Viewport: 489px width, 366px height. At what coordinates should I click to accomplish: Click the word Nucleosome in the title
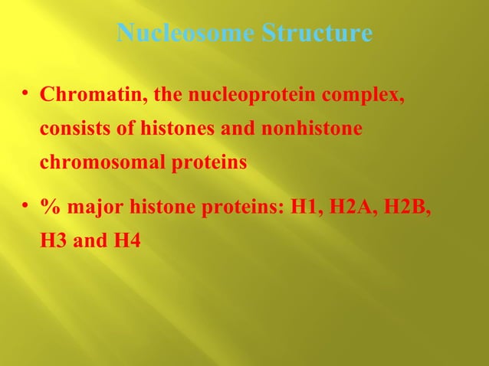point(186,34)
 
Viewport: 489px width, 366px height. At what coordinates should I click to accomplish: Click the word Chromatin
point(94,97)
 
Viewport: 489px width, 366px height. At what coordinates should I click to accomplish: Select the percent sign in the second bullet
point(50,208)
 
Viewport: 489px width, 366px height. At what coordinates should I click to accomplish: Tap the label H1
point(305,208)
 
